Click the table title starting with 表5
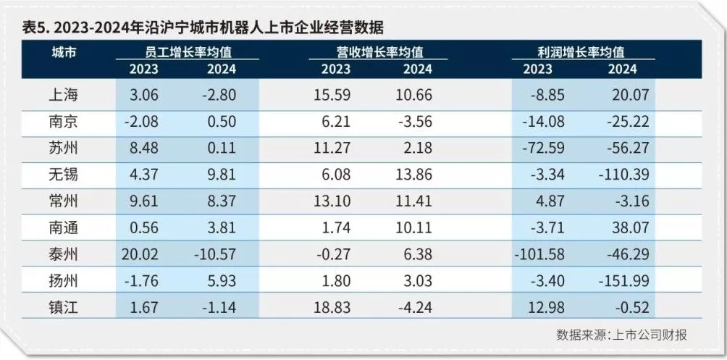202,28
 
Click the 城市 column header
64,52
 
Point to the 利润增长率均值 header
583,52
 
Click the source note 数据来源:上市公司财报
621,335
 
